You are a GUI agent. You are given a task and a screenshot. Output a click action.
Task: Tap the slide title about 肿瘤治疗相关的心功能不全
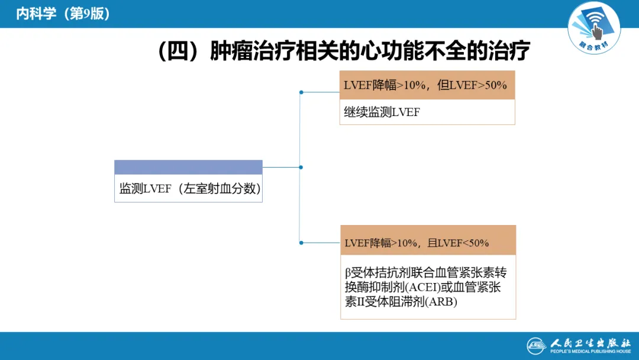(x=344, y=52)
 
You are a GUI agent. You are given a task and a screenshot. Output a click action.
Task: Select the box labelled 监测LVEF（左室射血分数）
(x=188, y=189)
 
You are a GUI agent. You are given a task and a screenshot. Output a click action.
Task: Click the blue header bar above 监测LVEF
(x=188, y=167)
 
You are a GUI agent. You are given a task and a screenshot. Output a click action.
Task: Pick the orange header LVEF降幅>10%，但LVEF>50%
(x=425, y=85)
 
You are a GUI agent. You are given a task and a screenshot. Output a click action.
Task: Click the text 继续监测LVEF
(x=382, y=112)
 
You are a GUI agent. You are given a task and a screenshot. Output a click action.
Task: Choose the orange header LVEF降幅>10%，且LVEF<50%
(x=417, y=243)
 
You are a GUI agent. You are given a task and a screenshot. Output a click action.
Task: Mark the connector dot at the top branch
(x=301, y=92)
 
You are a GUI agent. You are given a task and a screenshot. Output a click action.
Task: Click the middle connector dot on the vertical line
(x=301, y=167)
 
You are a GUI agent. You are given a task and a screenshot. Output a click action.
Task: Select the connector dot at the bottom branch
(x=301, y=243)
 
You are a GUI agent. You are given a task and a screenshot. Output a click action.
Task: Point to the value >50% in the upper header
(x=496, y=85)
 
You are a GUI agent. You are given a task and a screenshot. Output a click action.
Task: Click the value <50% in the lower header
(x=476, y=243)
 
